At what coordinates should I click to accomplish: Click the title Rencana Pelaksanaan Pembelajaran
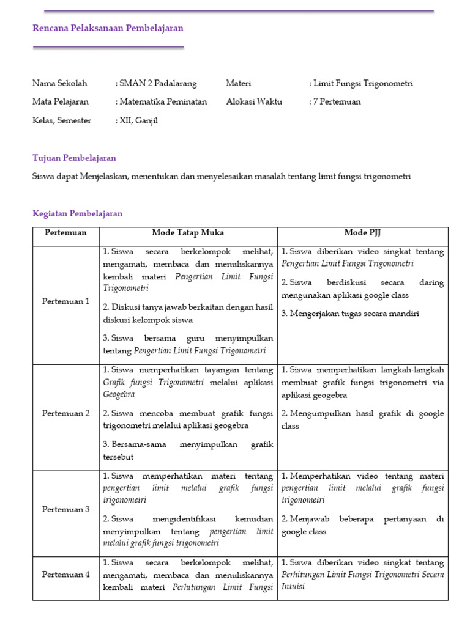pyautogui.click(x=108, y=28)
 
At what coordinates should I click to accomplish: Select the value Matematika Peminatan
pyautogui.click(x=162, y=101)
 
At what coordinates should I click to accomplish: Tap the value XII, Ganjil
pyautogui.click(x=137, y=120)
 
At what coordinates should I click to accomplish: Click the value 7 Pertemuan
pyautogui.click(x=335, y=101)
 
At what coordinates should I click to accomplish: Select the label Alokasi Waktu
pyautogui.click(x=254, y=101)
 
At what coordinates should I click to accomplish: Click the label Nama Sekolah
pyautogui.click(x=60, y=83)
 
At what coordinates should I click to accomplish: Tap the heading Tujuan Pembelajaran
pyautogui.click(x=74, y=158)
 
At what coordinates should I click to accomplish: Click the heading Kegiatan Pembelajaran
pyautogui.click(x=77, y=213)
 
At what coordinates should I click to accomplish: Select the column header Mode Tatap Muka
pyautogui.click(x=188, y=233)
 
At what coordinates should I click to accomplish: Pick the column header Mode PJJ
pyautogui.click(x=363, y=233)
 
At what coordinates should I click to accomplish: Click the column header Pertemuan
pyautogui.click(x=65, y=233)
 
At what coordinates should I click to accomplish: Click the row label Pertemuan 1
pyautogui.click(x=65, y=301)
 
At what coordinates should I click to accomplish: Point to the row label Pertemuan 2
pyautogui.click(x=65, y=413)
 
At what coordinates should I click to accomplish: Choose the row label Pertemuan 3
pyautogui.click(x=65, y=509)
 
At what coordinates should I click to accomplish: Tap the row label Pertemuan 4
pyautogui.click(x=65, y=574)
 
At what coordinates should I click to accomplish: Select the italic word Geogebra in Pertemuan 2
pyautogui.click(x=119, y=394)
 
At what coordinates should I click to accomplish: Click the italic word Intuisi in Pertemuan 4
pyautogui.click(x=292, y=587)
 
